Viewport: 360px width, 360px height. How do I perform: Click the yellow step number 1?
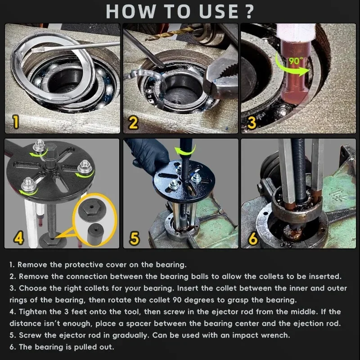[16, 121]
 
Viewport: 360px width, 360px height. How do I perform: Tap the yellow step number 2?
[134, 121]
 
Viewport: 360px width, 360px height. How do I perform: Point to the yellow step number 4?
[18, 238]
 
